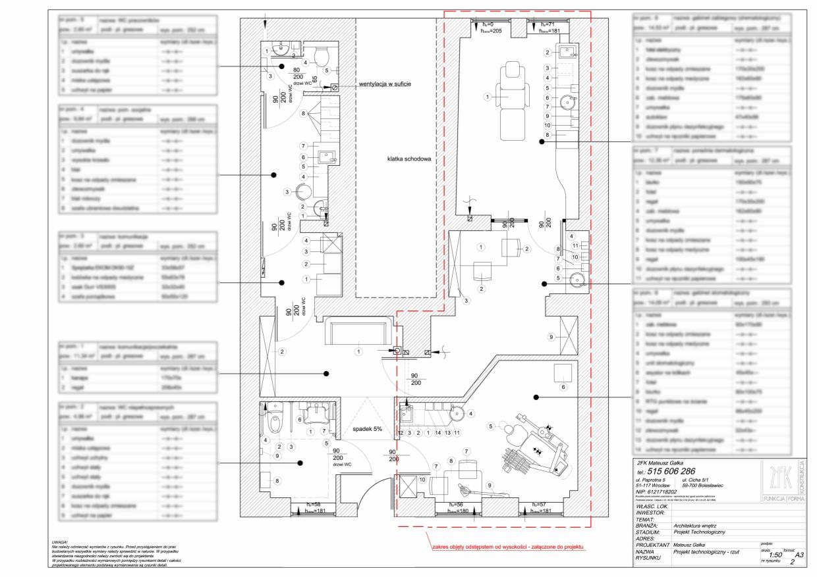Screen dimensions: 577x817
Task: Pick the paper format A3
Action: pos(799,555)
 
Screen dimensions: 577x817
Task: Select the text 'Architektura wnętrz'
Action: pos(700,526)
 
